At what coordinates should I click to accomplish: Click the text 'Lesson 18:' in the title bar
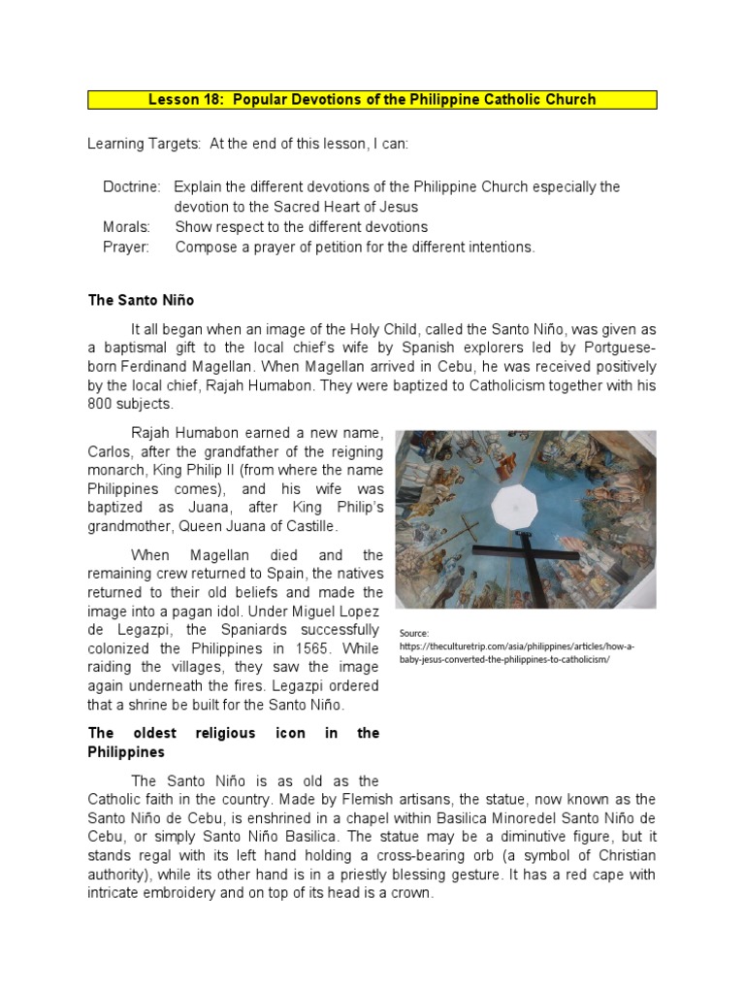click(181, 100)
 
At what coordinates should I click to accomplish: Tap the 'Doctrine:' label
click(133, 186)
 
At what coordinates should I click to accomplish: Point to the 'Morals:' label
click(127, 227)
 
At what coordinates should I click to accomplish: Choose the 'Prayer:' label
click(126, 248)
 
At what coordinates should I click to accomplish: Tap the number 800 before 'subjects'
click(101, 404)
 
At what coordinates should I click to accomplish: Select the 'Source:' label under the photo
click(414, 633)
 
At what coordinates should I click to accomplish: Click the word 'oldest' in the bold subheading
click(160, 733)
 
